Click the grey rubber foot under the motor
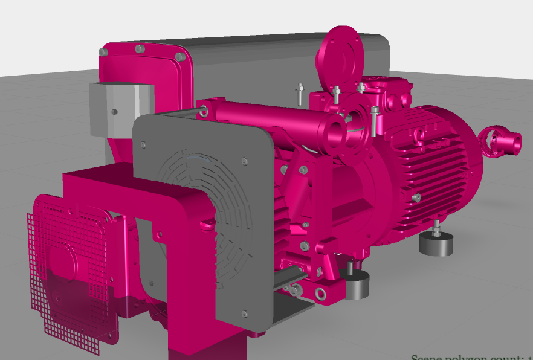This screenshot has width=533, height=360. pyautogui.click(x=436, y=243)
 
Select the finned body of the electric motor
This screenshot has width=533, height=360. pyautogui.click(x=441, y=169)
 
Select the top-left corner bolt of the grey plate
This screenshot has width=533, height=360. pyautogui.click(x=143, y=144)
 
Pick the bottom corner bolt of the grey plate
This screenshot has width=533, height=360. pyautogui.click(x=244, y=313)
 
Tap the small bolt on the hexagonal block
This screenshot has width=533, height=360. pyautogui.click(x=112, y=112)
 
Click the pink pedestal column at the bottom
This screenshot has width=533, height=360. pyautogui.click(x=205, y=347)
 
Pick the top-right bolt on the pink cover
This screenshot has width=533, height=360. pyautogui.click(x=179, y=57)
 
